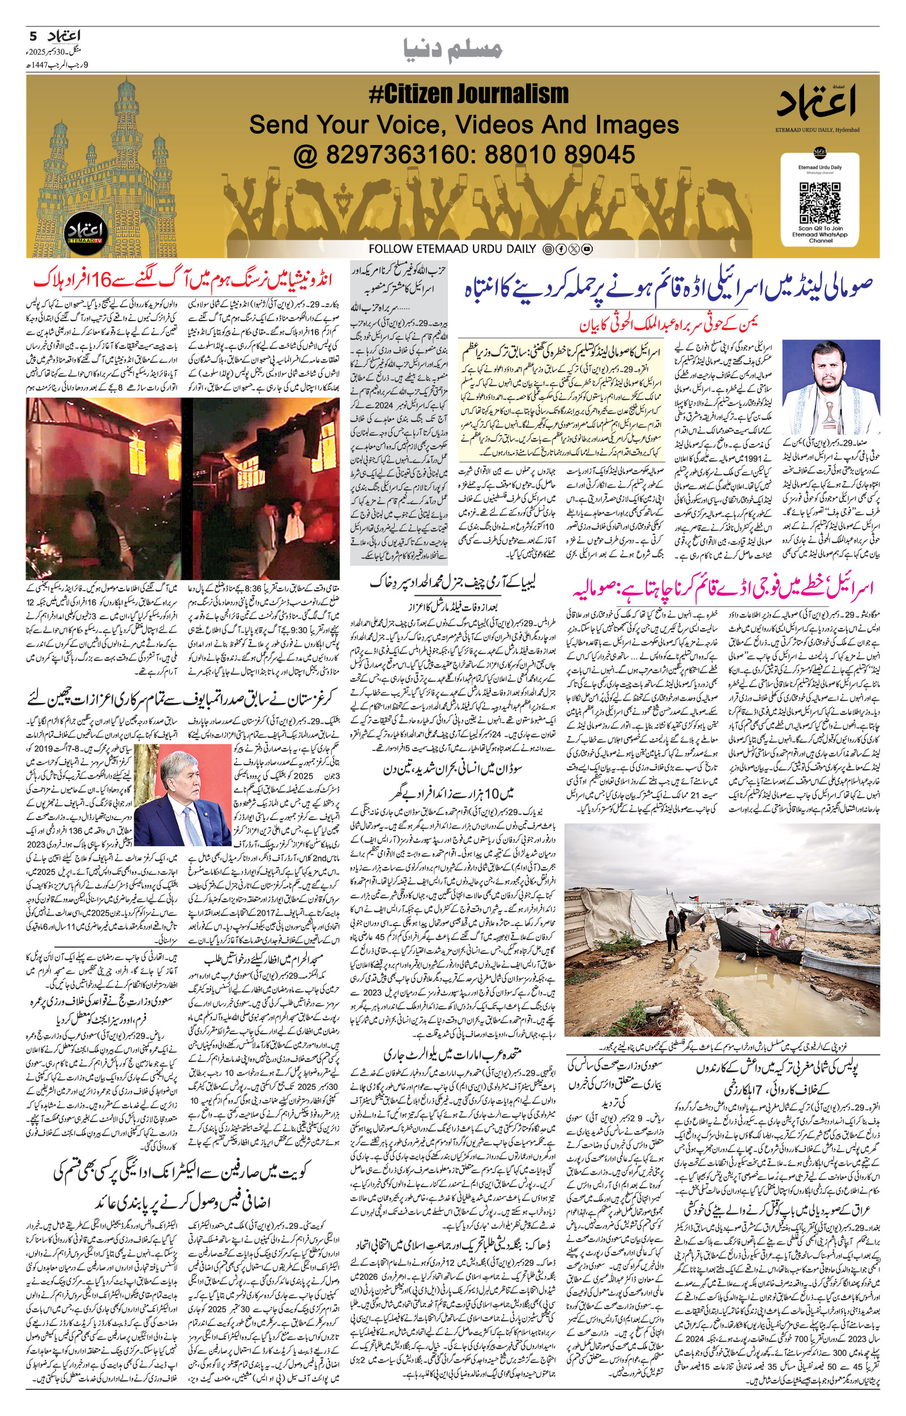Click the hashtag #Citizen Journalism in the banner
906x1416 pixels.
(x=469, y=94)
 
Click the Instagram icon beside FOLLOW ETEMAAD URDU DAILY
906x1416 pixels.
(x=548, y=249)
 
